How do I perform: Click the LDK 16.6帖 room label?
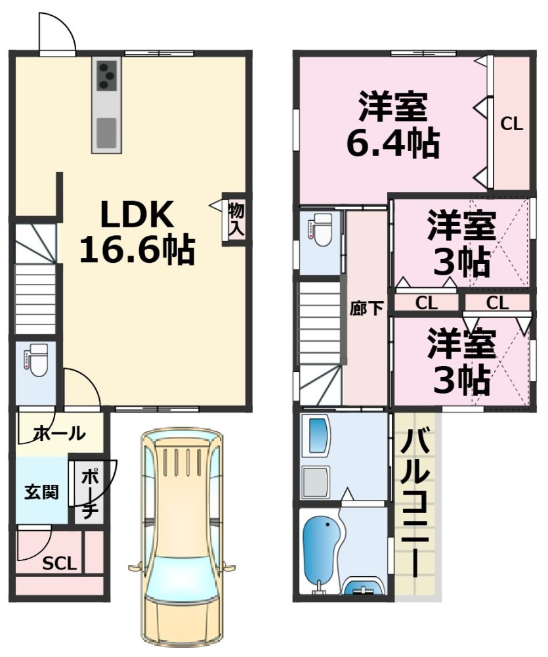coord(137,231)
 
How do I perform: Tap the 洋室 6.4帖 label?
coord(392,125)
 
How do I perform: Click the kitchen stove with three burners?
coord(107,74)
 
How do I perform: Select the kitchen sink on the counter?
coord(106,132)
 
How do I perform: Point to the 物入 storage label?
coord(236,219)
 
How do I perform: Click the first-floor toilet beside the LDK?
coord(37,360)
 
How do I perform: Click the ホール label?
coord(58,434)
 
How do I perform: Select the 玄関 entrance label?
coord(41,491)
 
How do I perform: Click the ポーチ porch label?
coord(89,491)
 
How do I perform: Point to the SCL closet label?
coord(60,563)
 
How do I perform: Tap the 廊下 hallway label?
coord(366,308)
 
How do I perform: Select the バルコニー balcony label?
coord(415,503)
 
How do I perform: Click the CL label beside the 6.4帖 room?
coord(512,124)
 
